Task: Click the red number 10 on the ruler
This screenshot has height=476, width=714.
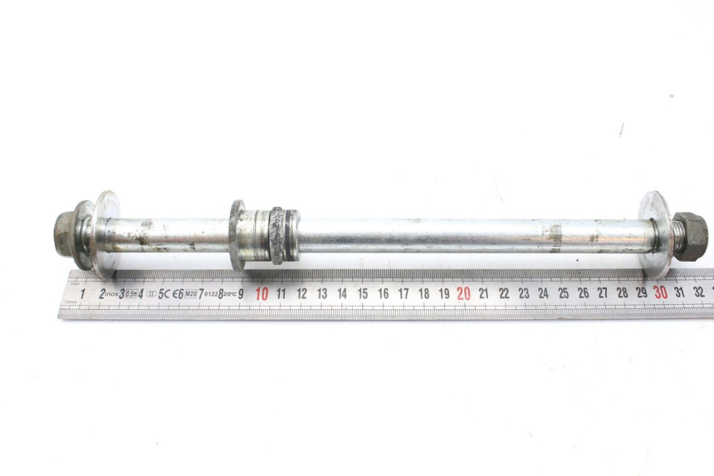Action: [262, 293]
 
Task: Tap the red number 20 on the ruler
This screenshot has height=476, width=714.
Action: [463, 293]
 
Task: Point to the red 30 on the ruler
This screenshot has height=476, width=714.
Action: [660, 292]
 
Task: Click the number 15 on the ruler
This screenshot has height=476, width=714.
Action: [363, 293]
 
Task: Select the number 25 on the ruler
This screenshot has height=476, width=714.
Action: [563, 293]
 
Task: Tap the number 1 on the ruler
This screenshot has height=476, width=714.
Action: [83, 293]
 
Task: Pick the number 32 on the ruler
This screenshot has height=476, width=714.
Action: [700, 292]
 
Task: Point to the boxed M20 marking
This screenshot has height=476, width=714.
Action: [190, 293]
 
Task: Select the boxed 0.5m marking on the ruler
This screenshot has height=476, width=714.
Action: [130, 293]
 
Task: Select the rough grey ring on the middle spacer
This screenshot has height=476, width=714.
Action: [277, 236]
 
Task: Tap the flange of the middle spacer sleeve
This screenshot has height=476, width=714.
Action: [237, 235]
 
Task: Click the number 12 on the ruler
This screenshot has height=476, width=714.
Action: [301, 293]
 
